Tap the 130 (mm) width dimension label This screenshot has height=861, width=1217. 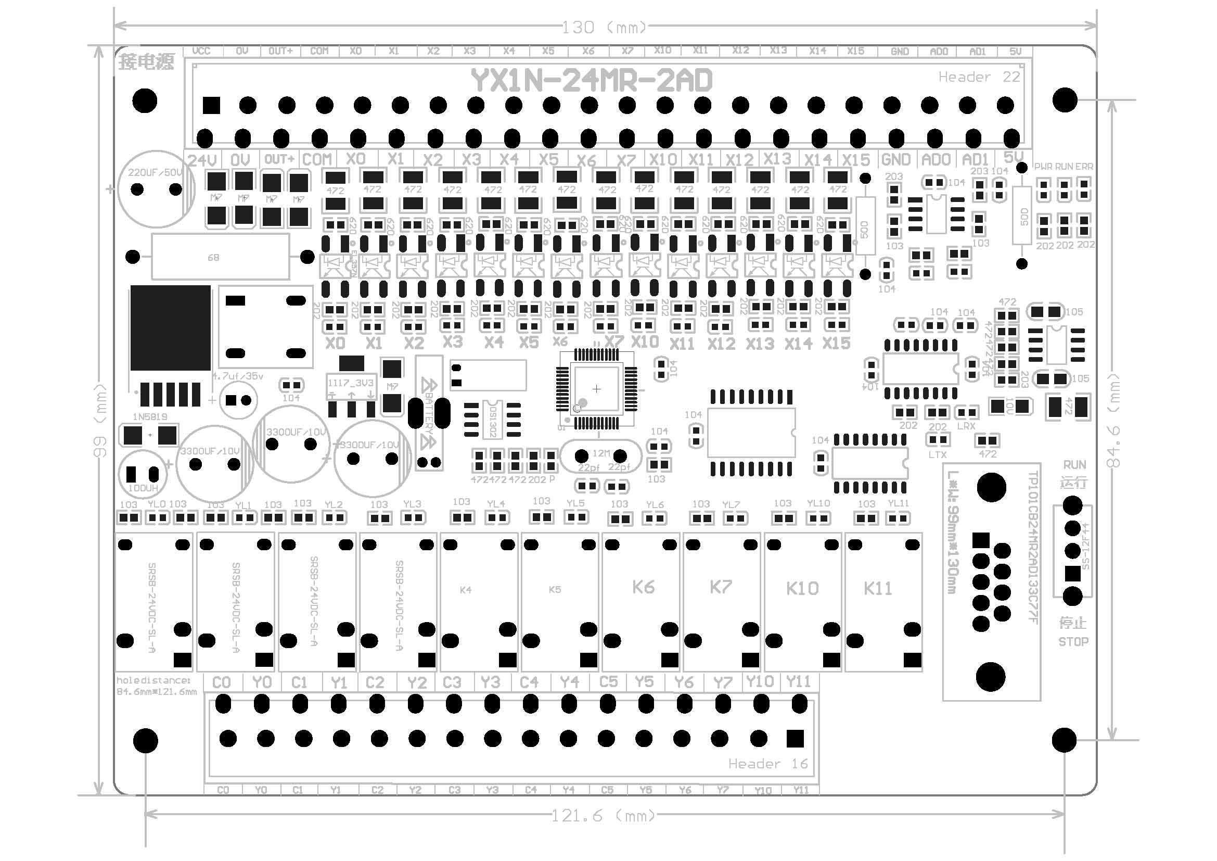[604, 27]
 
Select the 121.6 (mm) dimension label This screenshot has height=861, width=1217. [603, 815]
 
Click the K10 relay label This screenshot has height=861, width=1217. [802, 589]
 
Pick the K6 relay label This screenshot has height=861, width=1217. [644, 587]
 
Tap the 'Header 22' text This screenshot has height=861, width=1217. [979, 77]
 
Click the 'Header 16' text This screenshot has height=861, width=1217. [768, 764]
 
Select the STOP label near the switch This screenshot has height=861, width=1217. [1073, 642]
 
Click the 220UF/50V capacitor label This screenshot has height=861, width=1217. [155, 172]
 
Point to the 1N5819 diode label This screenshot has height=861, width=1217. [150, 417]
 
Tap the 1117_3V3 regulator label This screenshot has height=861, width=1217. [350, 383]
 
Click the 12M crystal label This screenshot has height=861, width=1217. [601, 453]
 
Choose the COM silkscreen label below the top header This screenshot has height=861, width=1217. [317, 159]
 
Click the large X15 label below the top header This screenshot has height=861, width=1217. [856, 160]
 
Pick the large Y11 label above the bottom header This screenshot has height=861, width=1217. [798, 681]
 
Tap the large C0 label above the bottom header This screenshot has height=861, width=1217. [222, 682]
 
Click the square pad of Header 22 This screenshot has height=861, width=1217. [211, 106]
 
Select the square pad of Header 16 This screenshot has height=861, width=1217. [795, 739]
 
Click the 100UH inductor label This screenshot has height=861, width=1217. [143, 488]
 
